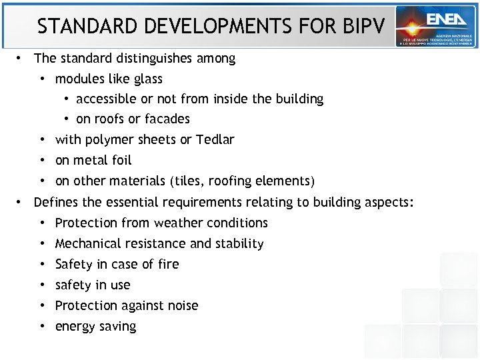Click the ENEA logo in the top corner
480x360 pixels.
coord(435,26)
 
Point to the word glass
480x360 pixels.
coord(148,79)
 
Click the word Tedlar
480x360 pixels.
coord(215,139)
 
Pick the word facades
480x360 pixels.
coord(169,119)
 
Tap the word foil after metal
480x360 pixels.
coord(121,160)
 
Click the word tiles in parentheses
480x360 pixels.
coord(189,181)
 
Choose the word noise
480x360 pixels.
coord(182,305)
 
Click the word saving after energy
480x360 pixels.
coord(118,327)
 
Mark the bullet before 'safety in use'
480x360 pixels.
coord(42,285)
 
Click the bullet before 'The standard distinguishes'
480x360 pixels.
coord(21,58)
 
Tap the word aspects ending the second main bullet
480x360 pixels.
coord(389,202)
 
